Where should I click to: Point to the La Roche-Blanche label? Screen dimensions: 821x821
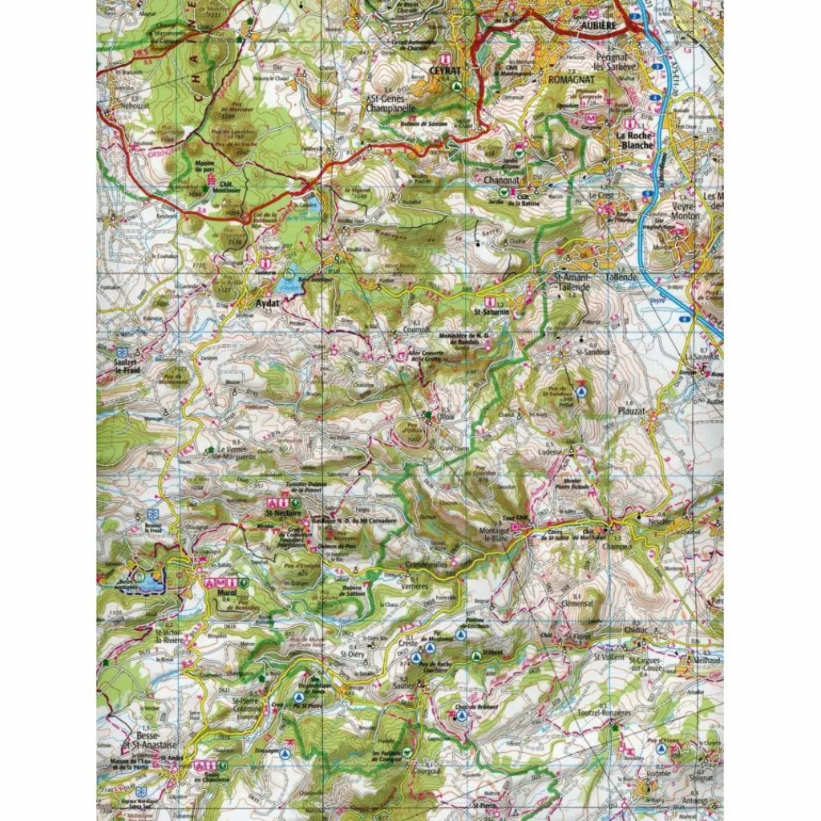click(636, 141)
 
